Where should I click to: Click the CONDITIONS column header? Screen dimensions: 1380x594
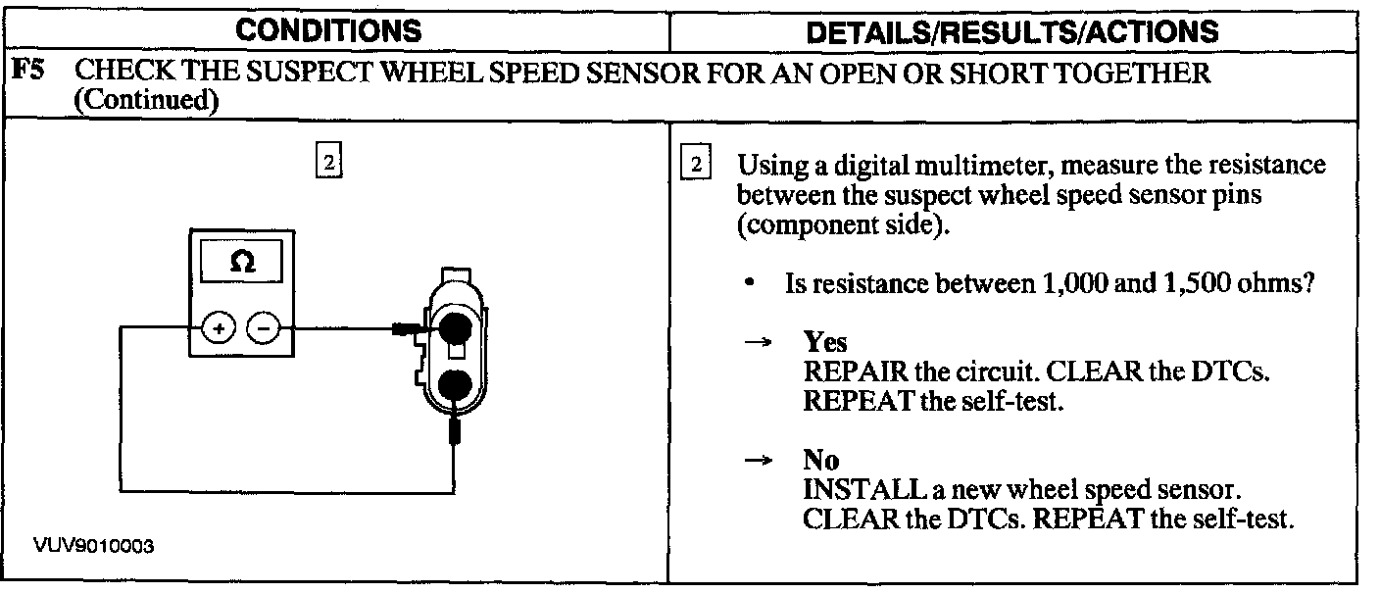click(x=329, y=30)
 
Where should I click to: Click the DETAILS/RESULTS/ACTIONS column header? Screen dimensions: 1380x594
click(x=1011, y=31)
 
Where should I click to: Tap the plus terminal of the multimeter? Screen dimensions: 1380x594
click(x=217, y=328)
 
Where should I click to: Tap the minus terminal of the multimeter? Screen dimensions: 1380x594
click(x=262, y=328)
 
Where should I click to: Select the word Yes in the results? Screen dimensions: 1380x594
click(x=825, y=342)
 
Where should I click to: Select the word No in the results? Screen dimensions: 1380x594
click(x=819, y=461)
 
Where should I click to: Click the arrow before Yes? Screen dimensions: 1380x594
click(x=756, y=343)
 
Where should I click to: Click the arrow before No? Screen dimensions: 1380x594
click(x=756, y=462)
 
